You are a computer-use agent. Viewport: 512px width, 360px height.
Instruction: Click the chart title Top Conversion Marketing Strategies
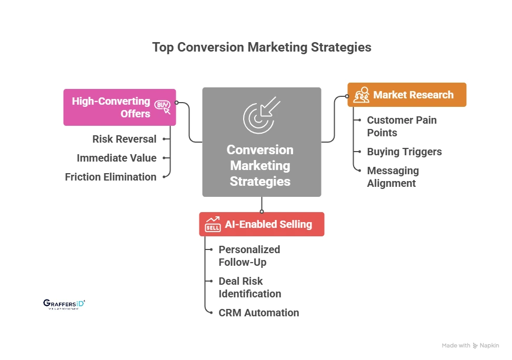click(262, 47)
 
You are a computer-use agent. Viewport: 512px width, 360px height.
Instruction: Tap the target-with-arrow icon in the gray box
click(262, 115)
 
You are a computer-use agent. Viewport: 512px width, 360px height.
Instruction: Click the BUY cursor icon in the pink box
click(163, 107)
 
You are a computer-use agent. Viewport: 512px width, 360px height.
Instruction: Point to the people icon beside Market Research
click(361, 95)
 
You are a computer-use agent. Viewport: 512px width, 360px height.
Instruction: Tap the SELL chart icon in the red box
click(213, 224)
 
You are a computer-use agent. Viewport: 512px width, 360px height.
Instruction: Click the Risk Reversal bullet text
click(124, 139)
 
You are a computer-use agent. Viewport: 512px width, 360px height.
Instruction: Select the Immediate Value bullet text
click(116, 158)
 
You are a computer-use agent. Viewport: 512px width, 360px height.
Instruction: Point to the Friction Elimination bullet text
click(111, 177)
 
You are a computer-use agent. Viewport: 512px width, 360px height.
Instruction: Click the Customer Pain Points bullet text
click(401, 126)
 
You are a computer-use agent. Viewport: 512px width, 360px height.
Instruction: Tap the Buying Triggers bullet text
click(404, 152)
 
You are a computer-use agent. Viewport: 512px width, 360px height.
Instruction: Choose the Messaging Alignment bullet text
click(393, 177)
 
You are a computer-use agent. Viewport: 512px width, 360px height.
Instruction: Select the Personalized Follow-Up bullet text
click(249, 256)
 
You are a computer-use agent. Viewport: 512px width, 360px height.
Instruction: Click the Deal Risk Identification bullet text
click(249, 287)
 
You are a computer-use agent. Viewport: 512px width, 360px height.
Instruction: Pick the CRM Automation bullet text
click(258, 313)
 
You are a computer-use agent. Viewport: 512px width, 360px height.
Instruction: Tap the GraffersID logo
click(64, 304)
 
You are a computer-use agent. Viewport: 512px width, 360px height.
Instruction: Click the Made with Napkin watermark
click(470, 346)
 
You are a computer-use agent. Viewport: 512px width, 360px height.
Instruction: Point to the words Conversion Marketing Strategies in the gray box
click(260, 165)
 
